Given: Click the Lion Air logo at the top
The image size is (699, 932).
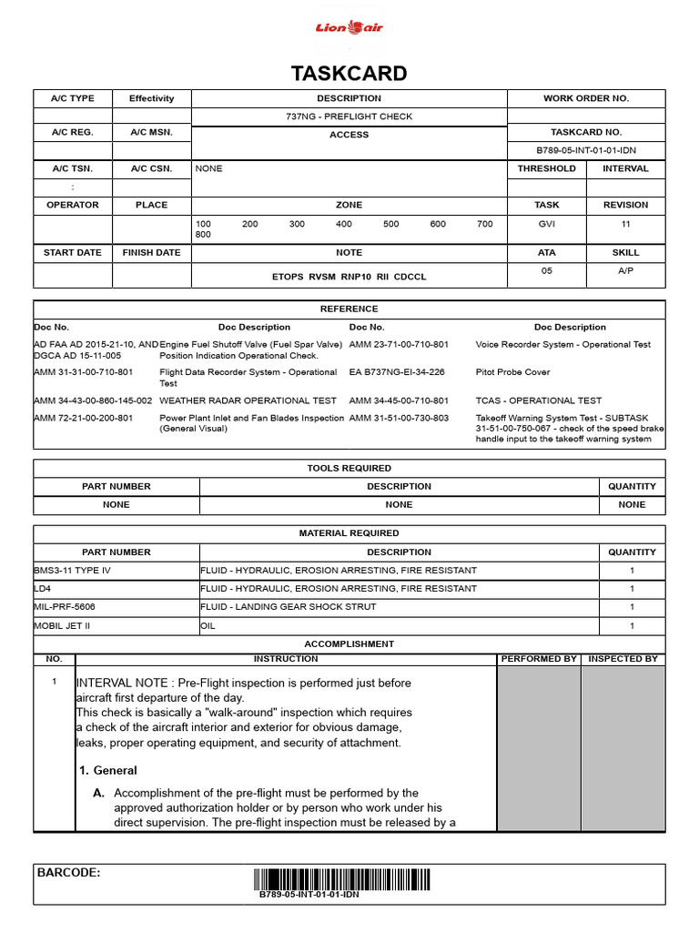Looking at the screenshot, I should (349, 28).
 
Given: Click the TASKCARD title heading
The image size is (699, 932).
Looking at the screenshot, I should (349, 74).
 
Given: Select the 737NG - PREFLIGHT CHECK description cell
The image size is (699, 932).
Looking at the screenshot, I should (349, 116).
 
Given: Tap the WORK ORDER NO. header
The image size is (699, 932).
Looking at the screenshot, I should (585, 98).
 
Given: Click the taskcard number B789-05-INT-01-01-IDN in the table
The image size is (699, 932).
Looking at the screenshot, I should (585, 151).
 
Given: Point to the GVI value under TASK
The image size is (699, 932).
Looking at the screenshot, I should (546, 223).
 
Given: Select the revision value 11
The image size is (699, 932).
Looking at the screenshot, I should (625, 223).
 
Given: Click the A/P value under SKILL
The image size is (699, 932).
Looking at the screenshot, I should (625, 270).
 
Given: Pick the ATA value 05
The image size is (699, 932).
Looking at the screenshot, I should (546, 270).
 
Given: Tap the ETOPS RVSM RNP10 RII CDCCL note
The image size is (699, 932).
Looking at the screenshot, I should (349, 276).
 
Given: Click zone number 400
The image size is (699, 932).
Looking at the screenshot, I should (343, 223).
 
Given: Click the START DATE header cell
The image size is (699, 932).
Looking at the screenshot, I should (73, 252).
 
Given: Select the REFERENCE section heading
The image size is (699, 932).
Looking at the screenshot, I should (349, 309).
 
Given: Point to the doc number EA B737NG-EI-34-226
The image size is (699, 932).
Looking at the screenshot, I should (397, 372).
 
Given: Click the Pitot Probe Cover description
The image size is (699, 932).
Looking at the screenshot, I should (512, 372).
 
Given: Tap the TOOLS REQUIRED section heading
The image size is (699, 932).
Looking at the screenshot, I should (349, 468).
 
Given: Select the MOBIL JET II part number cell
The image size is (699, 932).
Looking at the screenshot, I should (64, 625).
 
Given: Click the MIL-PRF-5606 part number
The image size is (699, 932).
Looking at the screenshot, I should (65, 607).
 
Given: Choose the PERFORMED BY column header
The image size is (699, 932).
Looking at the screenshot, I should (539, 658).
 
